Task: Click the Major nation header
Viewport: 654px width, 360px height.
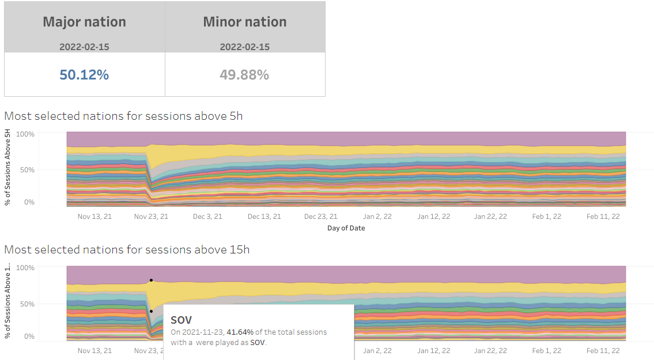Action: pos(84,22)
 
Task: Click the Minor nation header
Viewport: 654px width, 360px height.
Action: pos(245,22)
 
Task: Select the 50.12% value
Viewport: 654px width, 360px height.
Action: pos(84,75)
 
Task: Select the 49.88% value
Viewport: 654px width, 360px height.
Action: pos(244,75)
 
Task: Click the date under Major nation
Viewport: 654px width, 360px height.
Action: pos(84,47)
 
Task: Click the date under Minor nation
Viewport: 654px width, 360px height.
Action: pos(244,47)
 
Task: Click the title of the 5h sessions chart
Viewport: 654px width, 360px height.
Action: pos(123,116)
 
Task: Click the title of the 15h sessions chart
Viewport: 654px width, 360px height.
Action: pos(127,249)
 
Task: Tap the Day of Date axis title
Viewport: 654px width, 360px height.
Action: pos(346,228)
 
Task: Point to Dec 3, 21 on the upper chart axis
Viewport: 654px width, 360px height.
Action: pos(207,217)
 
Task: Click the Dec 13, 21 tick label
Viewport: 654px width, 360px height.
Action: pos(264,217)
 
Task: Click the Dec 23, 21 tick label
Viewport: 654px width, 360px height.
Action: pos(321,217)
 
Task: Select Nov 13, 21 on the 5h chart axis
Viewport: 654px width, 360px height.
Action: pos(94,217)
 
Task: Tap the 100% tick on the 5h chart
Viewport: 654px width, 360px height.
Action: pos(26,134)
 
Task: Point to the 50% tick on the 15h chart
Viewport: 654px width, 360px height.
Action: pos(27,304)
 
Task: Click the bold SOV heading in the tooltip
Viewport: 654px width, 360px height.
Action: pos(182,320)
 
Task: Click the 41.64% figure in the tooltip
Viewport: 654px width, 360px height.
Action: pos(240,332)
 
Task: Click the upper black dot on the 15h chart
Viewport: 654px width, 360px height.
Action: pos(151,281)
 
